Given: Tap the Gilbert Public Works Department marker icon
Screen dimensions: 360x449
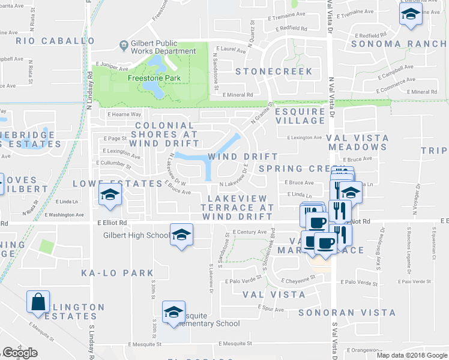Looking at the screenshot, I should (x=123, y=44).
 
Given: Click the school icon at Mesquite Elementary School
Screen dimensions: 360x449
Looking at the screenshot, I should (x=173, y=312).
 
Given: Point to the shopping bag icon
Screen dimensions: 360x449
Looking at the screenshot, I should (x=38, y=302).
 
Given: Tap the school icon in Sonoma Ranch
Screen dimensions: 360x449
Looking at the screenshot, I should (x=411, y=15).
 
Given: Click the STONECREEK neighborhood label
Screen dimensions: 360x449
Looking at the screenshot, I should (x=274, y=71).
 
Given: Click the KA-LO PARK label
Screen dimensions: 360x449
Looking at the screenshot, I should (x=118, y=273).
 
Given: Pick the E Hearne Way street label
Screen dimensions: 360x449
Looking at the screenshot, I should (x=124, y=114).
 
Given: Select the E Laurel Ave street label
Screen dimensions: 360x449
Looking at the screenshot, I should (x=233, y=52).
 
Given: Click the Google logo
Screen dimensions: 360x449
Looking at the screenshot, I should (x=20, y=353).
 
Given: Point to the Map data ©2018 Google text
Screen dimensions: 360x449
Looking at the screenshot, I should (x=412, y=355).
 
